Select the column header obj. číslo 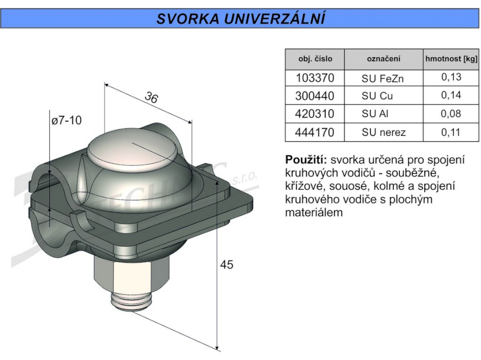coord(315,59)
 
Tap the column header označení coord(383,59)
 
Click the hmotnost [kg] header coord(451,59)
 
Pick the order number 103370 coord(315,78)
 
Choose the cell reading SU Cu coord(377,96)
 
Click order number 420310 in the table coord(314,114)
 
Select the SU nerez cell coord(383,132)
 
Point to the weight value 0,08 coord(451,114)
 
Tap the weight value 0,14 coord(451,95)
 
